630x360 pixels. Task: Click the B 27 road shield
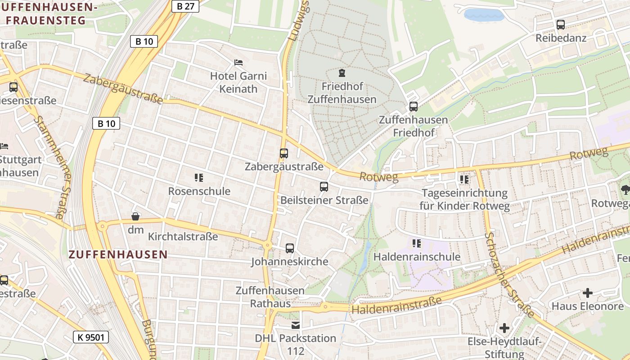tap(185, 6)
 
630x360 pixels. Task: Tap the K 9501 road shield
tap(90, 337)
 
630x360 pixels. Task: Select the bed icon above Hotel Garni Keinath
tap(238, 62)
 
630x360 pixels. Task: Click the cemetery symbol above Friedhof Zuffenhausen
tap(342, 72)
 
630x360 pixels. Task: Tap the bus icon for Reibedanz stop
tap(561, 25)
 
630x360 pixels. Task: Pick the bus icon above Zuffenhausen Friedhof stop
tap(413, 107)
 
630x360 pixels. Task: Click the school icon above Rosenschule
tap(199, 178)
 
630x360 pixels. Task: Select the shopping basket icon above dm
tap(135, 217)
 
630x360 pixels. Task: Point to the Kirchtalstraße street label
tap(183, 236)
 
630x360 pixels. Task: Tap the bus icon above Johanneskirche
tap(290, 248)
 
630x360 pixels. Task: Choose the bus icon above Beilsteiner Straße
tap(324, 186)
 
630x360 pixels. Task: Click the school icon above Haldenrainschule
tap(417, 243)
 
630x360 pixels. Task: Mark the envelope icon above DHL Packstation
tap(295, 325)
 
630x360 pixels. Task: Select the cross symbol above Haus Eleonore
tap(588, 293)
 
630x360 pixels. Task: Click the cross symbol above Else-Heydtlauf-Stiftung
tap(504, 328)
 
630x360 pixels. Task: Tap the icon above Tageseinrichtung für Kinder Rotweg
tap(464, 180)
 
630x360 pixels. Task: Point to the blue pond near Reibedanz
tap(484, 15)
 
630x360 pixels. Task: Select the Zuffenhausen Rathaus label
tap(270, 297)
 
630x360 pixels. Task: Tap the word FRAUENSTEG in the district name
tap(45, 20)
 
